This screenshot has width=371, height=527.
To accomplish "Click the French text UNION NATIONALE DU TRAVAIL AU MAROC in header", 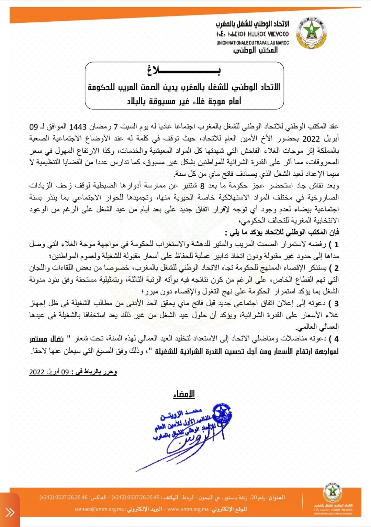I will [252, 43].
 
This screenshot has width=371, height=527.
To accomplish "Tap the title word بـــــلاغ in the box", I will [184, 71].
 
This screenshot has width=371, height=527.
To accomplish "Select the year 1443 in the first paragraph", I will [78, 127].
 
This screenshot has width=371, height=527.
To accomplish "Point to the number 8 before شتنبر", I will [202, 186].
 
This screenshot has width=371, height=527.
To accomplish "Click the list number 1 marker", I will [336, 244].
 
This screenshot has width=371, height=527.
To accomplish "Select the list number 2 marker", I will [336, 268].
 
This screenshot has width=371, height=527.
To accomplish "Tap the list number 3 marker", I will [336, 304].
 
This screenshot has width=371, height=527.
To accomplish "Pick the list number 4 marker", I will [336, 339].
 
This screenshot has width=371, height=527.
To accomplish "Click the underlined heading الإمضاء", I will [184, 394].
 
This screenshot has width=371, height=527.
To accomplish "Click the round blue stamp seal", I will [222, 416].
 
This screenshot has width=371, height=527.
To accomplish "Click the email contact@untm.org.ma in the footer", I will [99, 509].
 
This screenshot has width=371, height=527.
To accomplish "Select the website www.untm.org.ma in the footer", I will [188, 509].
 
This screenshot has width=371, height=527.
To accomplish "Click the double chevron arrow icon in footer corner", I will [10, 513].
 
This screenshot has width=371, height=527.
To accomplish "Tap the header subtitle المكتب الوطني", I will [256, 50].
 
